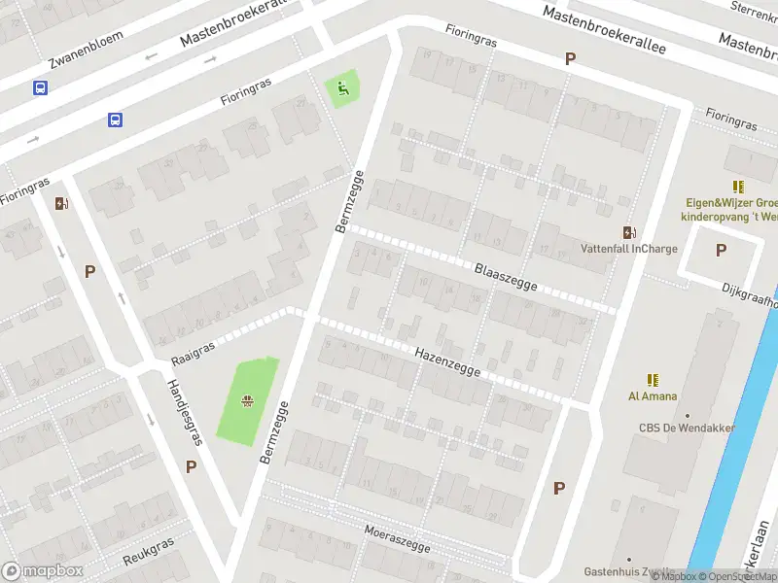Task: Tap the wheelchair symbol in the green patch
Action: (x=341, y=89)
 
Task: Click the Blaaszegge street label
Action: (x=506, y=276)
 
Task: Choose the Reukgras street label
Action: (x=149, y=552)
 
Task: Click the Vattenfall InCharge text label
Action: (x=628, y=249)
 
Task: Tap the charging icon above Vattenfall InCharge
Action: (x=629, y=232)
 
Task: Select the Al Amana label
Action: (x=653, y=396)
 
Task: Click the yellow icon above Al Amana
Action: (x=653, y=380)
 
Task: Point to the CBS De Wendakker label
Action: (x=687, y=429)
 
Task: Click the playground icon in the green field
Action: (x=250, y=398)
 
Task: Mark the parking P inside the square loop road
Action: (x=721, y=250)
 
